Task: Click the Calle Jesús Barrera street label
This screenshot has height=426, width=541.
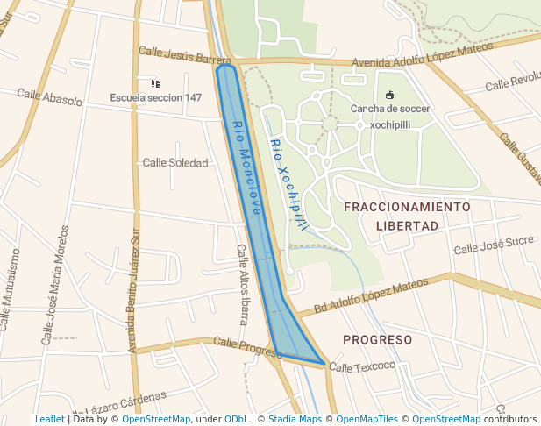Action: tap(184, 57)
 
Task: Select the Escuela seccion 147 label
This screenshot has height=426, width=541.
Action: tap(155, 97)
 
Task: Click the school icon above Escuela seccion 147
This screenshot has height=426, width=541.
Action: tap(155, 83)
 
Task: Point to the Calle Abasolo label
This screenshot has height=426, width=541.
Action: tap(49, 96)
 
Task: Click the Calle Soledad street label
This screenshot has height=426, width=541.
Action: tap(175, 162)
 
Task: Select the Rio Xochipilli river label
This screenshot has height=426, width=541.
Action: tap(288, 185)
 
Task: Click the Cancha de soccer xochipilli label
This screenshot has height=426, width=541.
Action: tap(390, 117)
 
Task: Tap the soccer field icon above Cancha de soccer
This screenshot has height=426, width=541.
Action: tap(389, 95)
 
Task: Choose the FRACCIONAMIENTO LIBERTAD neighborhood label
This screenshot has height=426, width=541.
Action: tap(407, 216)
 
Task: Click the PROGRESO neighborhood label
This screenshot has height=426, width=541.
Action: tap(377, 339)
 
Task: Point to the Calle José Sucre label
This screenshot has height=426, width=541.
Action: tap(494, 245)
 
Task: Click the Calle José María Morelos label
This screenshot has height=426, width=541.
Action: tap(55, 285)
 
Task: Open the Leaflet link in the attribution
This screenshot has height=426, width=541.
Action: tap(49, 419)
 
